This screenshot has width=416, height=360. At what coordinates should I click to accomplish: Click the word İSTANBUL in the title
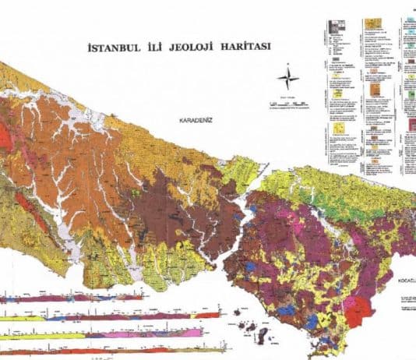click(x=108, y=47)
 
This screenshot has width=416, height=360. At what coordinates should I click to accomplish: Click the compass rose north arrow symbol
click(x=288, y=78)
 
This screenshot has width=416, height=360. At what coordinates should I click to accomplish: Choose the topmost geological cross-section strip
click(x=74, y=298)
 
